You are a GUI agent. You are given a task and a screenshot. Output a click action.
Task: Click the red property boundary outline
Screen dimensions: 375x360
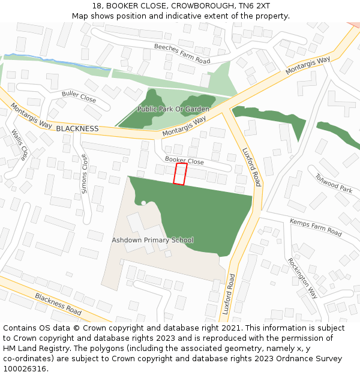180,174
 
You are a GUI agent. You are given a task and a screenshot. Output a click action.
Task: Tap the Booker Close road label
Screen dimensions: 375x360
184,161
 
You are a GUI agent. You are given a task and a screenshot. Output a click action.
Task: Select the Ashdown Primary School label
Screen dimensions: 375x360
152,240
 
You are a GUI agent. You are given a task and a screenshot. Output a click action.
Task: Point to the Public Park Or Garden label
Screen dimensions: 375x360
173,109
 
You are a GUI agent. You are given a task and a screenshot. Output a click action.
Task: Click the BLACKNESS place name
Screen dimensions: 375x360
77,128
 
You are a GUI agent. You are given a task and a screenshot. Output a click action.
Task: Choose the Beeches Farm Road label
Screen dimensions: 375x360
182,53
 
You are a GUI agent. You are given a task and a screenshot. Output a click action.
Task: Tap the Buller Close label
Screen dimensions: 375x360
79,96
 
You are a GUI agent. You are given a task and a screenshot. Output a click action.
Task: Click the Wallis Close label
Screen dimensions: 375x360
19,145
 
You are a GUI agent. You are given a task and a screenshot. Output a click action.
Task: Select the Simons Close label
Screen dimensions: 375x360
84,173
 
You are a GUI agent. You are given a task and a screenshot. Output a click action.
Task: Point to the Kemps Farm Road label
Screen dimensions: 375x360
316,227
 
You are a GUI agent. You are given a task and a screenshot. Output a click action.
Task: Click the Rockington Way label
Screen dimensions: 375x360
303,278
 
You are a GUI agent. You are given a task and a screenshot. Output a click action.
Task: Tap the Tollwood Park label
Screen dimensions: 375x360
334,184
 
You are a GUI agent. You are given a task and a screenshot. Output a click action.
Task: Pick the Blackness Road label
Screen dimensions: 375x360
58,304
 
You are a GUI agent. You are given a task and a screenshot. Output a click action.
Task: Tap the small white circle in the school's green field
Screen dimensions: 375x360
143,203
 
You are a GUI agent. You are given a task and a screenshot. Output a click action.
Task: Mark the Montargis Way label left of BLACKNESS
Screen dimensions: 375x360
31,115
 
